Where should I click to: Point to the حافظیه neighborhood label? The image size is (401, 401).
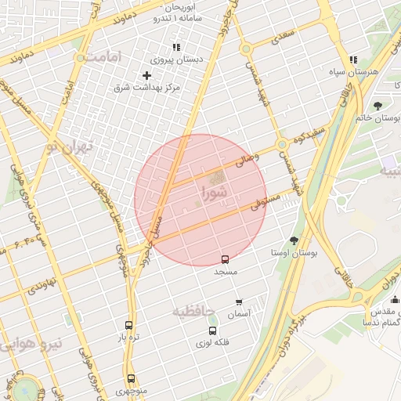(193, 311)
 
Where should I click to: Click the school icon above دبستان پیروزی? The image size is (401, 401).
(176, 48)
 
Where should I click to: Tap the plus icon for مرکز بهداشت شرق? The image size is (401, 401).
(146, 75)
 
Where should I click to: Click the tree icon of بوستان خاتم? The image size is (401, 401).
(378, 105)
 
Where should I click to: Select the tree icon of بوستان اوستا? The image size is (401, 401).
(294, 240)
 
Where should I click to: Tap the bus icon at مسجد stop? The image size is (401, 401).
(226, 258)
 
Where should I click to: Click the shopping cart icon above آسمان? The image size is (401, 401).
(239, 302)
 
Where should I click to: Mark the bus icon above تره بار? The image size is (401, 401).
(129, 326)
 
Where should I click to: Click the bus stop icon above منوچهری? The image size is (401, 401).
(130, 379)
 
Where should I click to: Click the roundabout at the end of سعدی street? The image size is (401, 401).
(246, 49)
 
